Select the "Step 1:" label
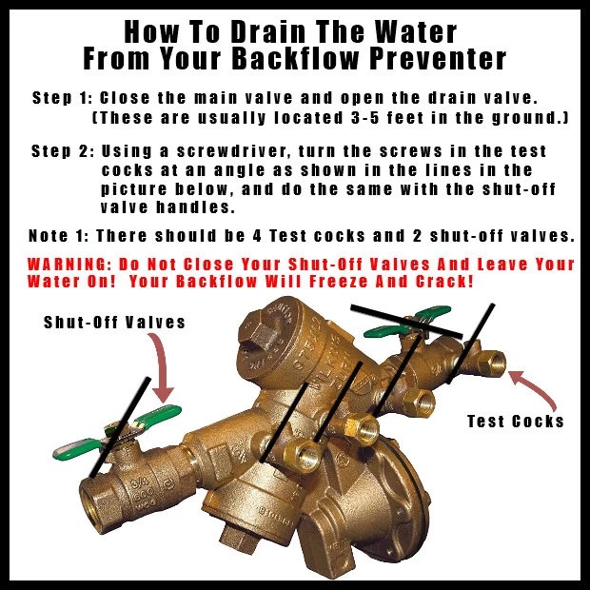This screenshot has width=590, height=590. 62,98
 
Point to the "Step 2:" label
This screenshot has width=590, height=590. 62,151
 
